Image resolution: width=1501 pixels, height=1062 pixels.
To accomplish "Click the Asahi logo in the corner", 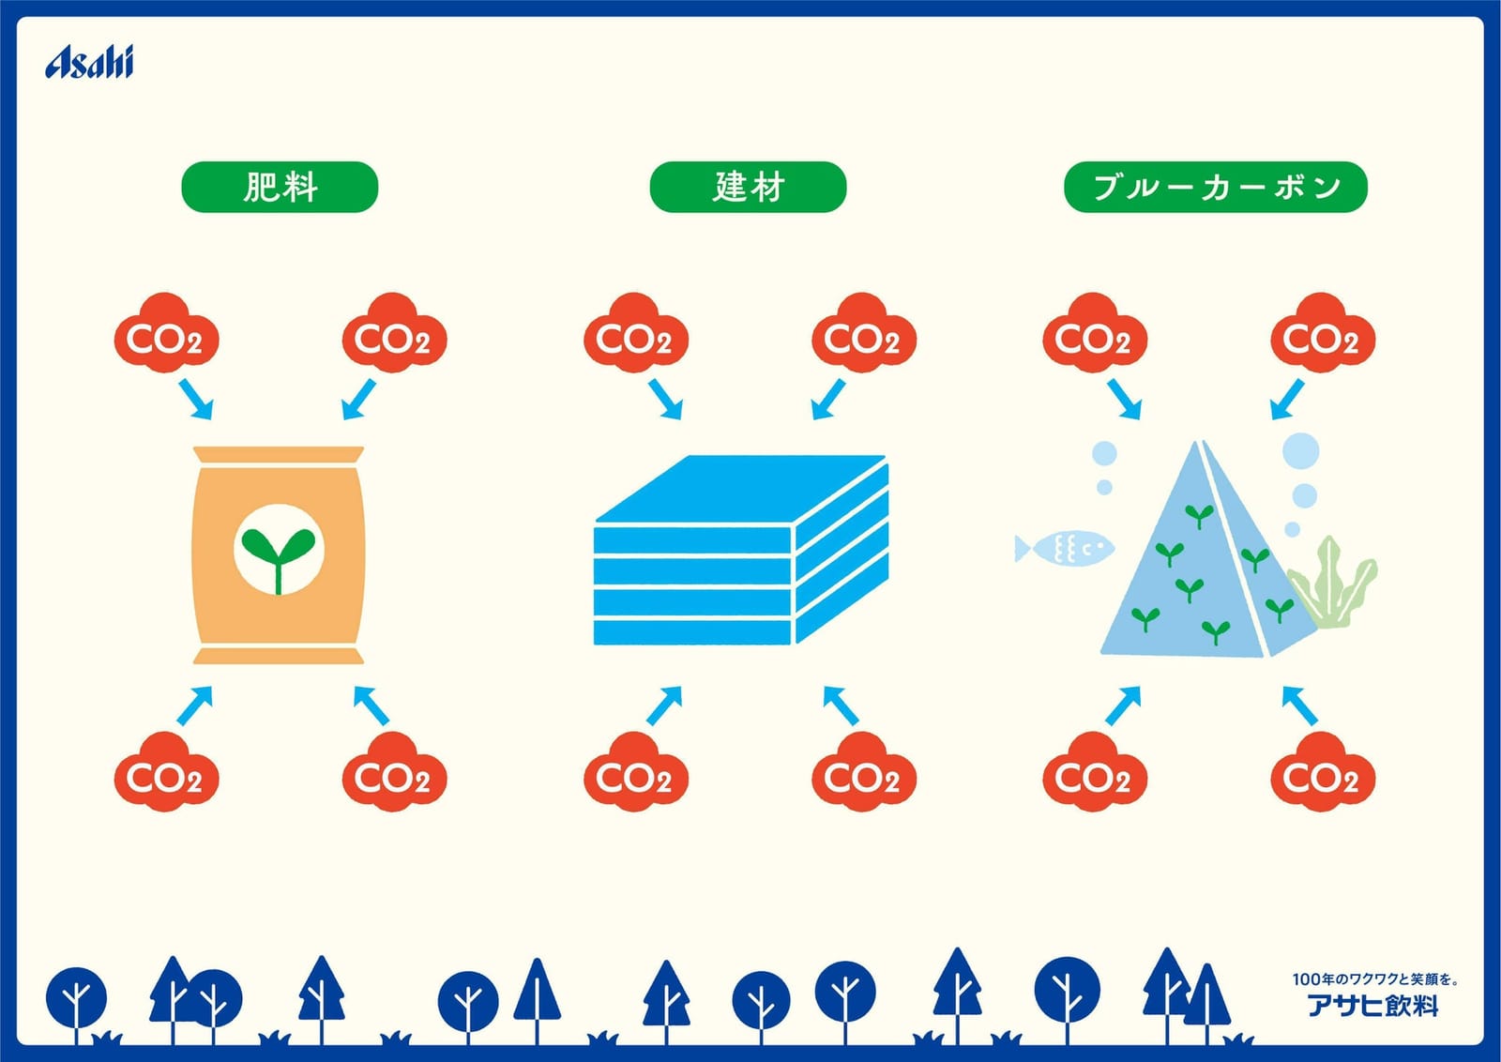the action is click(x=89, y=62).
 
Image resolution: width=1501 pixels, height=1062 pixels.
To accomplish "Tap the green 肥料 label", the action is click(x=280, y=187).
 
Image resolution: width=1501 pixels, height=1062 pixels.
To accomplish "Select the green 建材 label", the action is click(x=748, y=187).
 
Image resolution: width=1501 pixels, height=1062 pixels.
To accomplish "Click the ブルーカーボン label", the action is click(x=1216, y=187).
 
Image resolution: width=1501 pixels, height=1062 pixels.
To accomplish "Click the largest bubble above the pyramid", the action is click(x=1300, y=450).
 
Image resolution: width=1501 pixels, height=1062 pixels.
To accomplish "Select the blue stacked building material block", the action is click(x=742, y=550).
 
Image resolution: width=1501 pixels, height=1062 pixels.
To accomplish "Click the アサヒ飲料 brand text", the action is click(x=1373, y=1006).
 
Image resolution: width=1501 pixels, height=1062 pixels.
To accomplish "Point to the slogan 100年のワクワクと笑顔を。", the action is click(x=1375, y=979).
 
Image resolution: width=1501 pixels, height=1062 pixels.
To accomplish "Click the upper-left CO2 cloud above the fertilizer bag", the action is click(x=166, y=333).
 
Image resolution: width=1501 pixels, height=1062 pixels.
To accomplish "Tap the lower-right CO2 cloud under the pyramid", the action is click(x=1323, y=772).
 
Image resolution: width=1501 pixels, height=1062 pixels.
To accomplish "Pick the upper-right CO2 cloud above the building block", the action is click(x=864, y=333).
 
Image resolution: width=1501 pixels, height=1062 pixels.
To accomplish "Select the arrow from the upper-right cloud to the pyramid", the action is click(x=1287, y=400).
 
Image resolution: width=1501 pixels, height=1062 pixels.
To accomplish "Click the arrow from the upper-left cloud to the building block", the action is click(x=665, y=400).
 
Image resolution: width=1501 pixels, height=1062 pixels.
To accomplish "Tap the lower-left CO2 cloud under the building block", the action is click(x=636, y=772).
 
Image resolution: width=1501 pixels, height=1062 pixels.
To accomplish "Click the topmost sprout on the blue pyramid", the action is click(x=1199, y=516).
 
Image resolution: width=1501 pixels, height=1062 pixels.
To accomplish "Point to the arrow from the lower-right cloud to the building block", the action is click(x=841, y=705).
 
